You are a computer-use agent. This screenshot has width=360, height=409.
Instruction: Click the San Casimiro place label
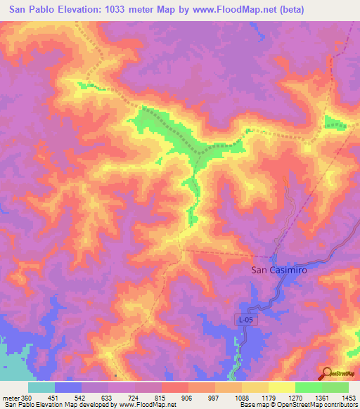(x=280, y=269)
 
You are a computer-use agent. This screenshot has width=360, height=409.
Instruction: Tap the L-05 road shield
(x=243, y=320)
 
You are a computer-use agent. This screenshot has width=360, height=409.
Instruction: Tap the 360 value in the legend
(x=27, y=398)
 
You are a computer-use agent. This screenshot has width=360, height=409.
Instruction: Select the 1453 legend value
(x=349, y=398)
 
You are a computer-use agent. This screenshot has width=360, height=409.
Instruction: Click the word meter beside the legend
(x=11, y=398)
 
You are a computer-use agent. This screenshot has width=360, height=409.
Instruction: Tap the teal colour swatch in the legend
(x=41, y=387)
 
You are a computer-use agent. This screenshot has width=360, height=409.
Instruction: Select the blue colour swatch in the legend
(x=68, y=387)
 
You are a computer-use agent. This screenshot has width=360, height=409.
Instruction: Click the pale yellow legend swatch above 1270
(x=281, y=387)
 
